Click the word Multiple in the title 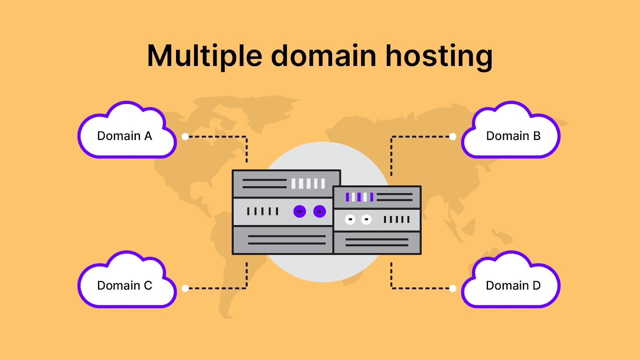coord(204,56)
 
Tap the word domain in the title coord(324,56)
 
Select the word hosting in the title coord(439,56)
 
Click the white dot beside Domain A coord(185,136)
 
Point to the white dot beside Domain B coord(453,136)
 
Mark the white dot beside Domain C coord(185,288)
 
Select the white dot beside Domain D coord(453,288)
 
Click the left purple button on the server coord(300,211)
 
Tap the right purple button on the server coord(320,211)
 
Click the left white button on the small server coord(350,219)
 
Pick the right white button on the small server coord(366,219)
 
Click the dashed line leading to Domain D coord(420,288)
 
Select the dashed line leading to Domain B coord(420,136)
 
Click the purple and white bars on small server coord(359,197)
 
